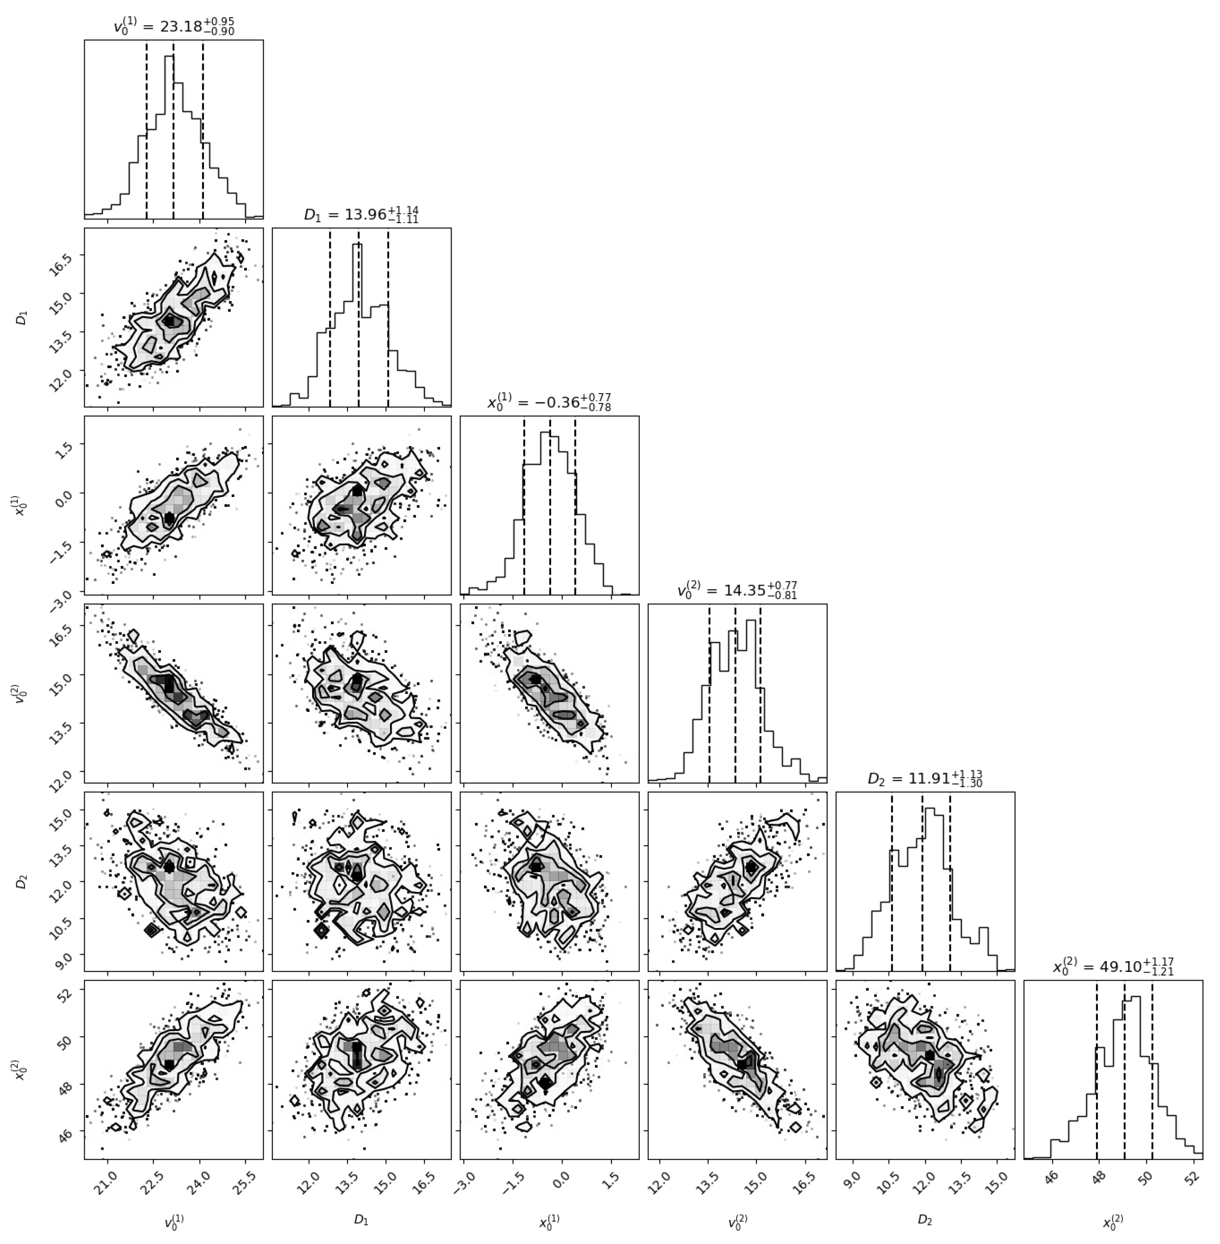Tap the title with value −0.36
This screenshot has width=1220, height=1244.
coord(549,403)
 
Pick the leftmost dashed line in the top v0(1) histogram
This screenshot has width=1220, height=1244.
coord(147,128)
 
